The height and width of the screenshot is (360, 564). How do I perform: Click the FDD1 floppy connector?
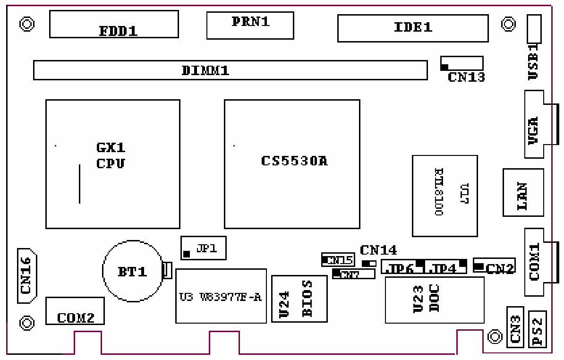coord(114,24)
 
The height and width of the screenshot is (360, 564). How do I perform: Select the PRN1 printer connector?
coord(250,25)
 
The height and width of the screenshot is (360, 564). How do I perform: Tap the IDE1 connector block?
coord(412,28)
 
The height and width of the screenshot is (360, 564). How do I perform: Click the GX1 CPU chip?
coord(112,164)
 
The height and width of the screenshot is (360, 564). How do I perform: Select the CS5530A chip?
coord(292,164)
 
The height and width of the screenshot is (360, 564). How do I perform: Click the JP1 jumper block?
coord(203,248)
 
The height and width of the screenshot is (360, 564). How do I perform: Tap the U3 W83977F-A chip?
coord(221,296)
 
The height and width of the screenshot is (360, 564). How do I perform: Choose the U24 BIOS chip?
coord(299,299)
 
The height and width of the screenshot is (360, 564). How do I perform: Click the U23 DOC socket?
coord(434,300)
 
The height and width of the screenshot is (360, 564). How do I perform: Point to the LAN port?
coord(523,192)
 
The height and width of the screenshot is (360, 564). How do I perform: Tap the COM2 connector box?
coord(75,311)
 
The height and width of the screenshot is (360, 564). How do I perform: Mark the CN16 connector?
coord(27,275)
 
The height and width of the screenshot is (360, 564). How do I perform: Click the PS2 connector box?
coord(537,329)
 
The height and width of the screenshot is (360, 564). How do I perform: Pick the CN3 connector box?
coord(515,327)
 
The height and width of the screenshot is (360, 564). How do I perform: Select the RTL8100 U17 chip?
coord(444,196)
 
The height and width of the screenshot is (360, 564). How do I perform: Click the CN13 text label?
coord(466,77)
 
